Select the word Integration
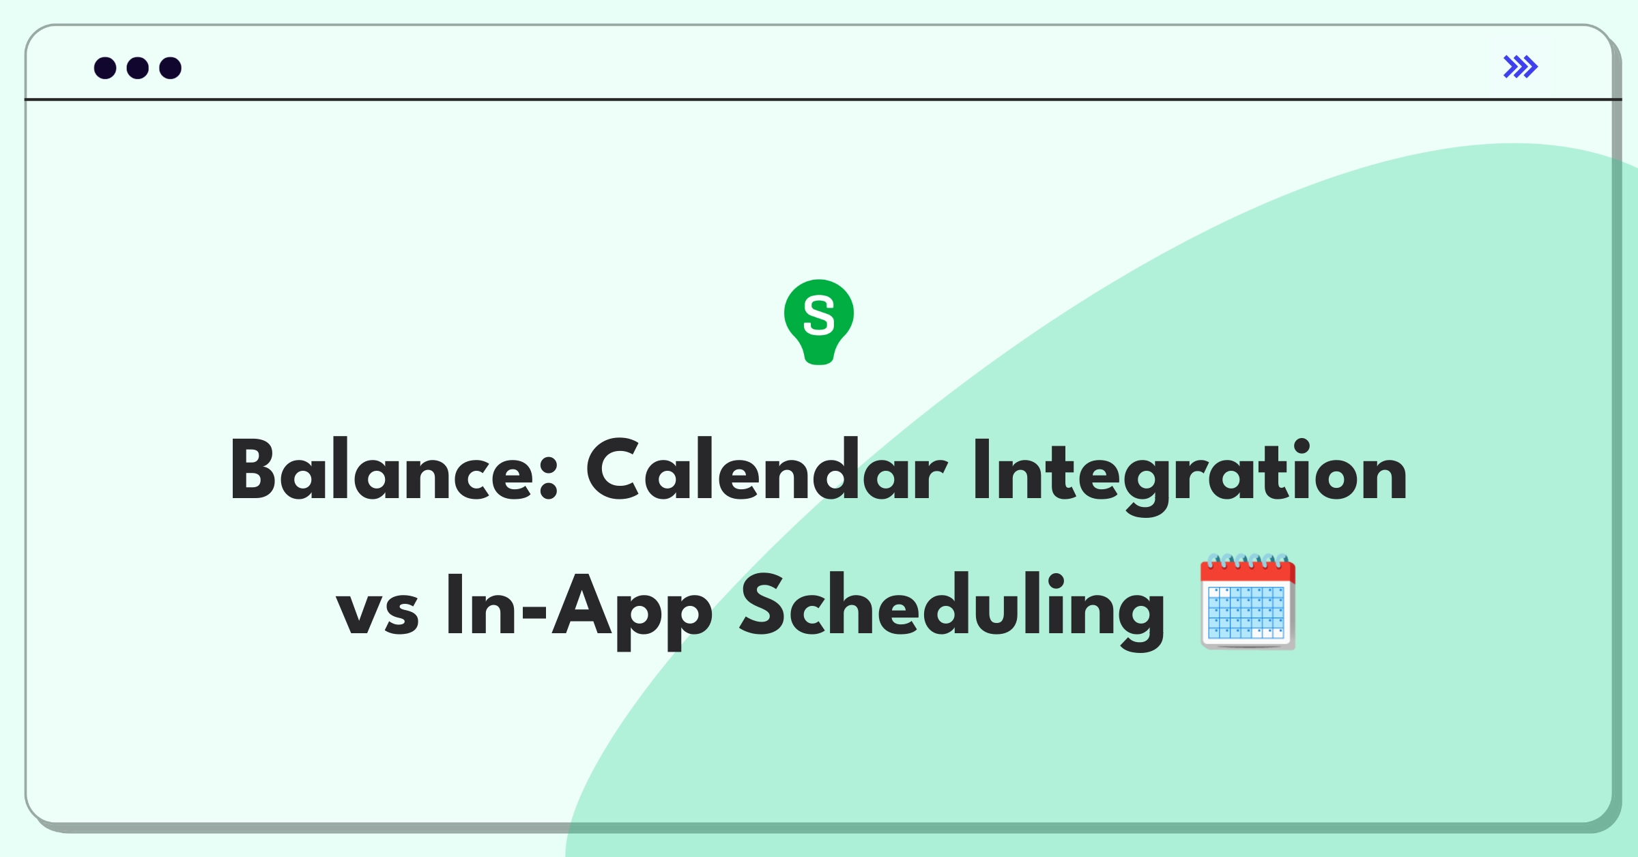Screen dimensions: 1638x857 click(1190, 475)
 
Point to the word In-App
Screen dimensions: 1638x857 click(579, 611)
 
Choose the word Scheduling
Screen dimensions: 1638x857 click(952, 611)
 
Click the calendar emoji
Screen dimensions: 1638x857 click(1248, 602)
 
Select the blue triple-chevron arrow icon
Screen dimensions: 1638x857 click(1521, 67)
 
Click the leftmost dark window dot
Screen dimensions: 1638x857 click(105, 68)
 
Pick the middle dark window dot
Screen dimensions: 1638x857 click(138, 68)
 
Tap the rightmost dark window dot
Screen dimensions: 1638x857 click(171, 68)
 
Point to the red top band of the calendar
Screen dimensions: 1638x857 click(1248, 572)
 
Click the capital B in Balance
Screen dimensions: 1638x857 click(253, 469)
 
